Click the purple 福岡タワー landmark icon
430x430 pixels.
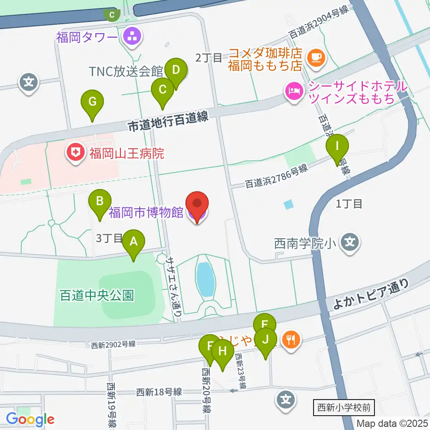(x=132, y=37)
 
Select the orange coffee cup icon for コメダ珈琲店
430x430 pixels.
(x=316, y=57)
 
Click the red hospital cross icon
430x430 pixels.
(x=76, y=154)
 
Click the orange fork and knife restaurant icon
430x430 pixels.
(x=291, y=339)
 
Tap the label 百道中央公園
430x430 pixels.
(x=97, y=296)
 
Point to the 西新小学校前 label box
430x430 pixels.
(x=344, y=408)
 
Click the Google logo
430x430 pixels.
(x=30, y=419)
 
